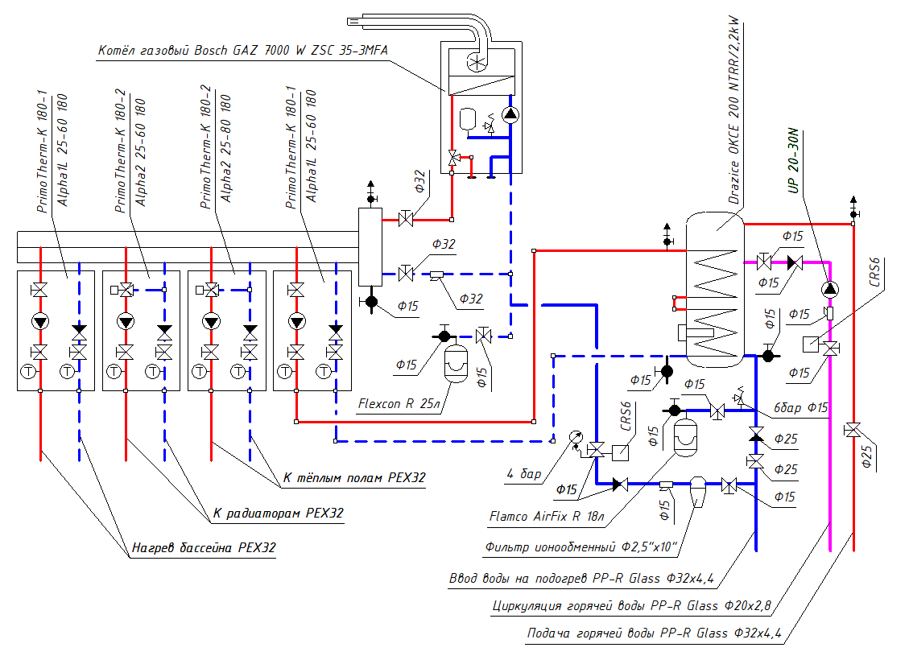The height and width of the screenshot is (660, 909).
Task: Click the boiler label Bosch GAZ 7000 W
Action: pos(242,50)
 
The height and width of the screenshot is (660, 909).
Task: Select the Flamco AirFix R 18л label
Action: pos(545,516)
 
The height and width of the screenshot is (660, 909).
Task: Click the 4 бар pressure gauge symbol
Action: pos(575,437)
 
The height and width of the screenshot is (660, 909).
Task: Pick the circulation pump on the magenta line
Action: pos(830,289)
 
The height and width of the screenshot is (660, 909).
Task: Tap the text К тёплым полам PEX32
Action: pos(353,478)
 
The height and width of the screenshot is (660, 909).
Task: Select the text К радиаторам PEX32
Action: pos(278,513)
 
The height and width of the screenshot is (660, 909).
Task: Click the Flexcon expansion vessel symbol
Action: pos(457,363)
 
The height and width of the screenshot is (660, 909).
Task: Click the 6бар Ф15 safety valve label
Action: pos(800,408)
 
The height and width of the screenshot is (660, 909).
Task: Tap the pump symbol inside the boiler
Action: pos(510,114)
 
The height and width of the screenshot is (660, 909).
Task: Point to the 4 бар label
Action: pos(524,474)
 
